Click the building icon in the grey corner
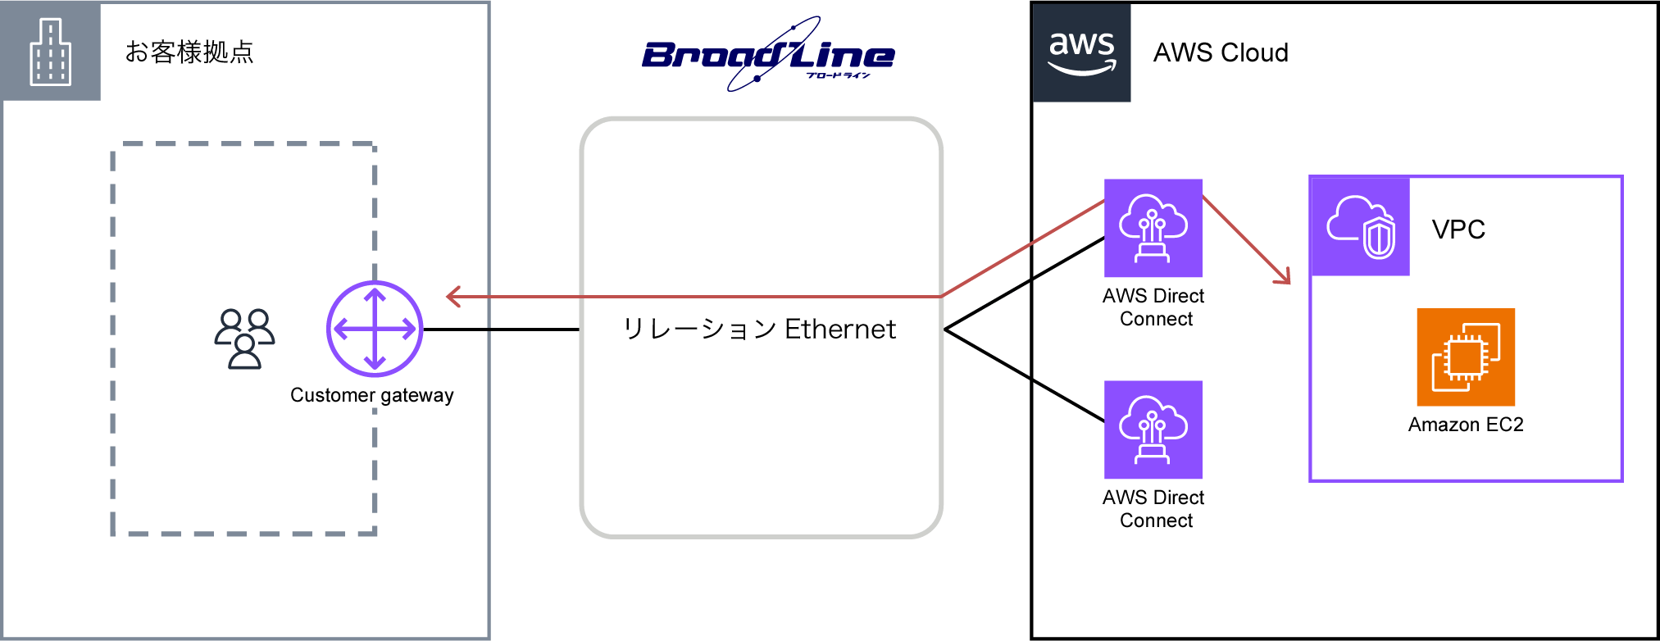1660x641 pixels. [51, 52]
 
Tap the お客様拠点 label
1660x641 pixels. [189, 52]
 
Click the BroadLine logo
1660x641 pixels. [768, 55]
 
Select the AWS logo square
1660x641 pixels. [1081, 52]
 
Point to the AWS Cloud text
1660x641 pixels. [1221, 53]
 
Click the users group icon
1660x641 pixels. [244, 339]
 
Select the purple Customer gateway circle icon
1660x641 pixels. [375, 329]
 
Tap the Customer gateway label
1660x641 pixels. [372, 395]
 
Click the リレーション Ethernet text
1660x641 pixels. [759, 330]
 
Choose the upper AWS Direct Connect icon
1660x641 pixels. [1153, 228]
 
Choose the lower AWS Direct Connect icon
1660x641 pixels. [1153, 430]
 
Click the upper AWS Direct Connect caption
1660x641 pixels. [1154, 307]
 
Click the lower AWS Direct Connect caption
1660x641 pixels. [1154, 509]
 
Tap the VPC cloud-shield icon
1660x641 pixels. [1361, 227]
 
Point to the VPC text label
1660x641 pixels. [1458, 230]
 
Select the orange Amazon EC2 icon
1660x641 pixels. [1466, 357]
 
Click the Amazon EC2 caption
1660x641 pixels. [1466, 425]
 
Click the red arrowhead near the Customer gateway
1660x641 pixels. [453, 297]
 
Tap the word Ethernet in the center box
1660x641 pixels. [840, 330]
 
